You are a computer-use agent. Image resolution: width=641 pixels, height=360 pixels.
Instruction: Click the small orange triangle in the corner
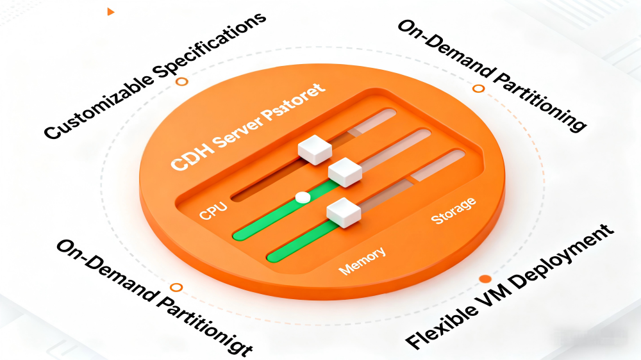[x=111, y=12]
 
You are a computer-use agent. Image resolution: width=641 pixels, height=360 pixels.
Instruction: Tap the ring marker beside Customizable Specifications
[x=182, y=81]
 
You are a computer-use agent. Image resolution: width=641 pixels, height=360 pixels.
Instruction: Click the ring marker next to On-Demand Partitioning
[x=478, y=88]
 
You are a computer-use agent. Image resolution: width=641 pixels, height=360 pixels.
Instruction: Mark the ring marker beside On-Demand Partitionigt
[x=176, y=288]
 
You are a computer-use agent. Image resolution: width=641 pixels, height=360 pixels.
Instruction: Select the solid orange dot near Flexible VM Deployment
[x=485, y=279]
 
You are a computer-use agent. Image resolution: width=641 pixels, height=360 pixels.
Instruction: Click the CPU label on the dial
[x=213, y=210]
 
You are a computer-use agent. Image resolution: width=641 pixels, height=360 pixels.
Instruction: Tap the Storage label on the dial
[x=454, y=211]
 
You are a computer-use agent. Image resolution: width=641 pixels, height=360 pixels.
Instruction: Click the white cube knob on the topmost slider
[x=315, y=149]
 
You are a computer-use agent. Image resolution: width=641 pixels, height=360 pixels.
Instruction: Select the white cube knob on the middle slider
[x=345, y=172]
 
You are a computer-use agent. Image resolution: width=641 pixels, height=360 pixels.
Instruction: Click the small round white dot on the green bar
[x=303, y=197]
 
